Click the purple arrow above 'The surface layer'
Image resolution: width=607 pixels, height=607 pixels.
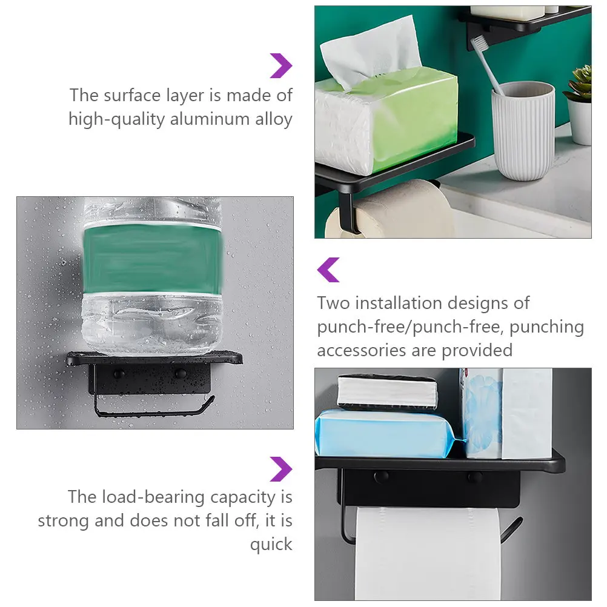pyautogui.click(x=281, y=66)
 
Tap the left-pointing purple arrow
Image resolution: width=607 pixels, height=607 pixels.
pyautogui.click(x=328, y=270)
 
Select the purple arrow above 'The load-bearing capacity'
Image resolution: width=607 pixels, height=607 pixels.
pyautogui.click(x=281, y=469)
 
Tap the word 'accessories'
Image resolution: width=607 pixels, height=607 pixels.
pyautogui.click(x=362, y=351)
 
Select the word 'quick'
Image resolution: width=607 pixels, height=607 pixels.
pyautogui.click(x=271, y=545)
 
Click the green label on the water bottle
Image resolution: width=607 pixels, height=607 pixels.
pyautogui.click(x=153, y=258)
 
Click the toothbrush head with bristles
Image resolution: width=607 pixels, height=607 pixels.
pyautogui.click(x=479, y=44)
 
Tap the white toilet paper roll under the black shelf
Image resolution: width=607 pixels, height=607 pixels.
pyautogui.click(x=427, y=554)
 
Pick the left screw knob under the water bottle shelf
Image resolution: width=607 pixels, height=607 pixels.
pyautogui.click(x=119, y=374)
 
